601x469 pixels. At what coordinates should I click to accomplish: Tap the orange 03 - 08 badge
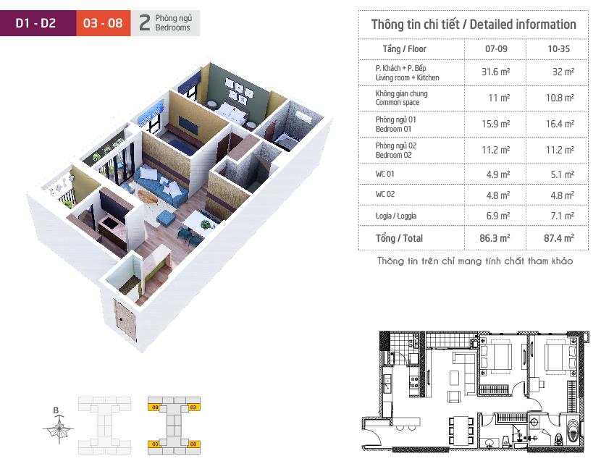click(x=103, y=23)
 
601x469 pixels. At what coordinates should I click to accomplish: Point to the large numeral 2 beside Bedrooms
click(x=145, y=22)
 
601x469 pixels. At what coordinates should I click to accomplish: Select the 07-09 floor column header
click(x=496, y=48)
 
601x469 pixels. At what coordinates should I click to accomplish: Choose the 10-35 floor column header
click(x=558, y=48)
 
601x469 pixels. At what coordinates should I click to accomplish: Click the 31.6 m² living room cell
click(x=495, y=72)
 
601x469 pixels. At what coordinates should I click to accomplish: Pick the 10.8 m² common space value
click(x=560, y=98)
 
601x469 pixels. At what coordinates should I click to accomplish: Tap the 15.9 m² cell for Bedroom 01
click(x=495, y=124)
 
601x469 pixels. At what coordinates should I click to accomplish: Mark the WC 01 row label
click(x=384, y=174)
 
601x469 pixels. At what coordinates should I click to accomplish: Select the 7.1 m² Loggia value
click(x=563, y=216)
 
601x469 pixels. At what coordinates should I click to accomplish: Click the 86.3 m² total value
click(x=495, y=238)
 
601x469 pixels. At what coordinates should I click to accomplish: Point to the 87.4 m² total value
click(x=559, y=238)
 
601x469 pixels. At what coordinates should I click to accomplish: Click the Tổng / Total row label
click(x=399, y=238)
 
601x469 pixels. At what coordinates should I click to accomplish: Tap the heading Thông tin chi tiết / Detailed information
click(x=474, y=25)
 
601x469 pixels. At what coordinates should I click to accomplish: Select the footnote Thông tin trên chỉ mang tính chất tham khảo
click(x=475, y=261)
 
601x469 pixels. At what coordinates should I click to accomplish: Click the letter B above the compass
click(x=56, y=410)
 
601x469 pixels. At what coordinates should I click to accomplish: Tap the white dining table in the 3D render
click(x=199, y=222)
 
